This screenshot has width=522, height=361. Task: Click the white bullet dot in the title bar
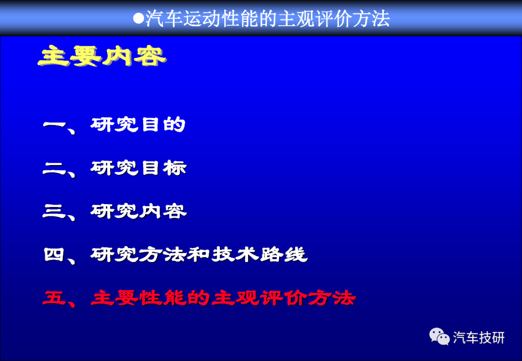(x=138, y=18)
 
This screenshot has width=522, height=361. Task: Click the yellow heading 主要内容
(x=102, y=56)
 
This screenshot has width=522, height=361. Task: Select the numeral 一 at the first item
(x=55, y=125)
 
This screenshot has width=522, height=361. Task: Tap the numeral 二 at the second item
(x=55, y=168)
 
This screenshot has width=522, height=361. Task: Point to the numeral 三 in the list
(x=55, y=211)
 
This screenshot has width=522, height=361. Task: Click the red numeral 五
(x=55, y=298)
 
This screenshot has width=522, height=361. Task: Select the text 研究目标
(x=138, y=168)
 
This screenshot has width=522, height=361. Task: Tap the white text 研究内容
(x=139, y=211)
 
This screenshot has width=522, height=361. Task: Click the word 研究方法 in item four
(x=138, y=254)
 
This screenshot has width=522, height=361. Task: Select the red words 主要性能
(x=138, y=297)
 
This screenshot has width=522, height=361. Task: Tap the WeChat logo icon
(x=439, y=337)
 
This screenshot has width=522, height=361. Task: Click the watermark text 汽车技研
(x=478, y=338)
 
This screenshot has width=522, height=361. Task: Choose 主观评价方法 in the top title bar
(x=334, y=18)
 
